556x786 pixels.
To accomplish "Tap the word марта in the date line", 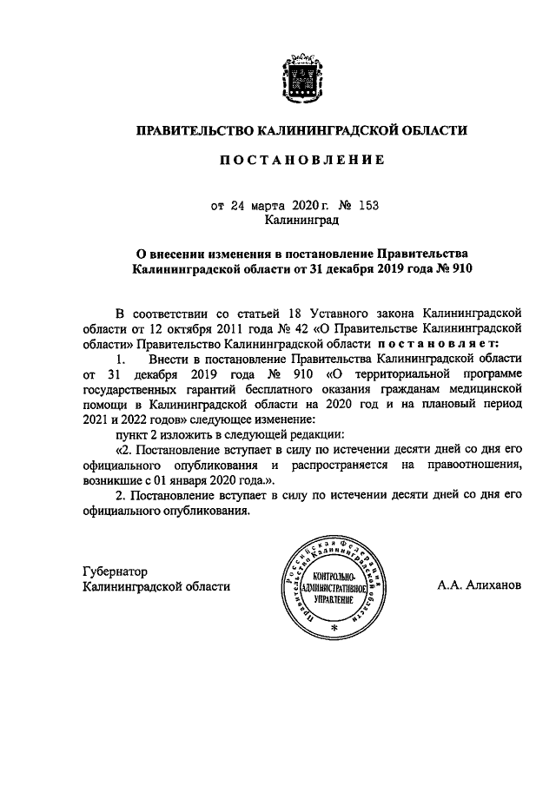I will coord(268,206).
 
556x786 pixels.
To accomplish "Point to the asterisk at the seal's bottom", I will coord(334,626).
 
